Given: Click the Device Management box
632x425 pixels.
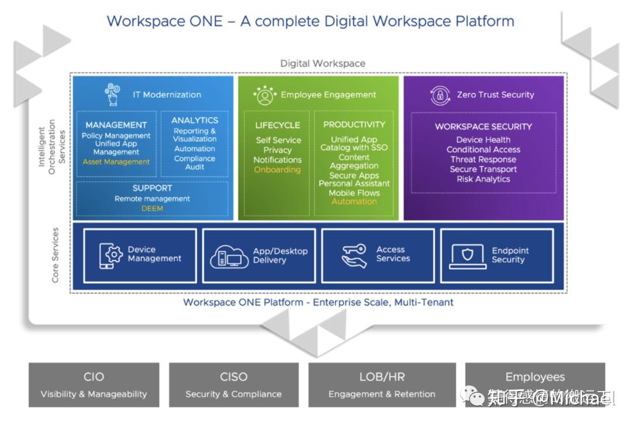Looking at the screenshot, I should click(x=140, y=255).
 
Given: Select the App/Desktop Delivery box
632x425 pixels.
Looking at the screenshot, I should click(x=259, y=255).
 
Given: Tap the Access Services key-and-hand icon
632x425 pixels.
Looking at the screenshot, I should click(x=354, y=255).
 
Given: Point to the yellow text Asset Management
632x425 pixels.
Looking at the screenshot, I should click(x=116, y=162).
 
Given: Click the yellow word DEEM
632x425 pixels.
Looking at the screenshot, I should click(x=152, y=208).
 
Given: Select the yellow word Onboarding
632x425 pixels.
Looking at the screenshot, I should click(x=277, y=170).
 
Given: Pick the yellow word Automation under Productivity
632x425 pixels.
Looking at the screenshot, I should click(x=354, y=201).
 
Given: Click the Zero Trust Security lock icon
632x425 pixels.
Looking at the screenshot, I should click(x=439, y=95).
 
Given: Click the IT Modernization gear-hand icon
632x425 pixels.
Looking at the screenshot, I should click(x=112, y=94).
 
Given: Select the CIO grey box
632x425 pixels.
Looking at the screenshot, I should click(x=94, y=384).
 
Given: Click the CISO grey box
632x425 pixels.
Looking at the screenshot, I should click(x=233, y=384).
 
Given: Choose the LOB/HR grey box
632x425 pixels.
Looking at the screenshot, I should click(x=382, y=384).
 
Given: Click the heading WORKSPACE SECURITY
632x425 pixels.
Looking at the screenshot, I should click(x=483, y=126).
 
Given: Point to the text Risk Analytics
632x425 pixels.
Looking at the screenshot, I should click(x=483, y=179).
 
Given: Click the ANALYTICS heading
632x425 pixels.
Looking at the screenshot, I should click(x=195, y=121).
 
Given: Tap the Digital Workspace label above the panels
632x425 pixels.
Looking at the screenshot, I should click(x=322, y=63).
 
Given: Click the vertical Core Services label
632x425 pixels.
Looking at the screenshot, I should click(x=56, y=255).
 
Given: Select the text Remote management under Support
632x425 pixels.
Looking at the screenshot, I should click(x=152, y=199).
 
